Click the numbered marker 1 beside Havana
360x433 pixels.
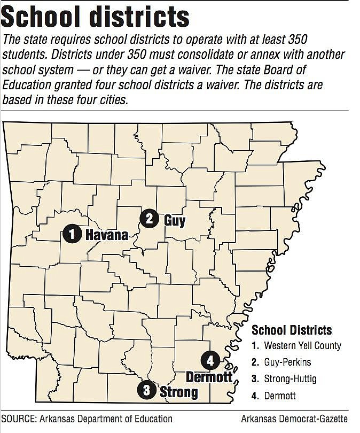click(72, 234)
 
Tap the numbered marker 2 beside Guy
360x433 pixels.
click(149, 218)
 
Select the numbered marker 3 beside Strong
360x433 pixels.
click(146, 390)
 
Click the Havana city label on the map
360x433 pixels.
click(107, 234)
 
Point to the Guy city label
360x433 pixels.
click(175, 219)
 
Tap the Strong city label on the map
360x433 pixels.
click(179, 392)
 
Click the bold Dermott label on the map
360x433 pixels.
click(209, 377)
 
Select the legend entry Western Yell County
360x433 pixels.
click(302, 345)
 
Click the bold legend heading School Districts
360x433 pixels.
click(292, 330)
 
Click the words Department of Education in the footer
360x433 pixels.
click(127, 419)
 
